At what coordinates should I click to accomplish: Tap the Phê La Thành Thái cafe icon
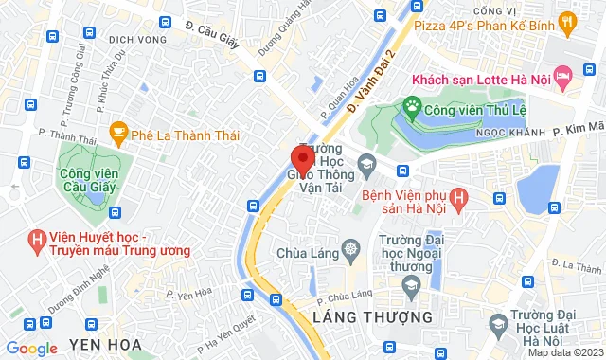(118, 130)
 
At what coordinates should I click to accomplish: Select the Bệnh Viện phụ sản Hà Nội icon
(459, 198)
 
